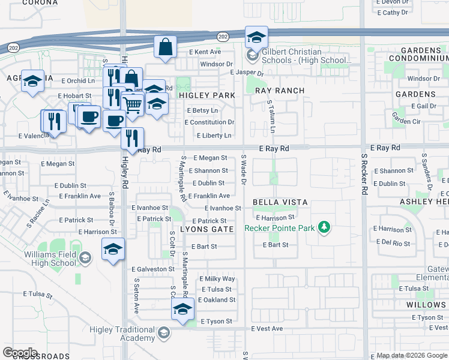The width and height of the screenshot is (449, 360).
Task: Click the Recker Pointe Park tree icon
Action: tap(324, 227)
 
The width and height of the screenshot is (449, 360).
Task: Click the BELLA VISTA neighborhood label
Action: tap(280, 203)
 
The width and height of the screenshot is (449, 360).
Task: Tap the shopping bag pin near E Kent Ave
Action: tap(165, 47)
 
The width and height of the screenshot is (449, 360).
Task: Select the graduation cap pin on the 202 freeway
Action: tap(256, 37)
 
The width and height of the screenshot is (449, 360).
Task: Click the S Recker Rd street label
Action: tap(364, 174)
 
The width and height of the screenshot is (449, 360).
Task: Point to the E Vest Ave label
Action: tap(266, 329)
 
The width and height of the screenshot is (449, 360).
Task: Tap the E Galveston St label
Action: tap(152, 269)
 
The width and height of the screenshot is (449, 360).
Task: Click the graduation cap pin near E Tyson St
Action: tap(183, 308)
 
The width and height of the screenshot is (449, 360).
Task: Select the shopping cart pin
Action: tap(133, 104)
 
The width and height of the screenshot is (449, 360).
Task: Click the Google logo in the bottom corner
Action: tap(20, 353)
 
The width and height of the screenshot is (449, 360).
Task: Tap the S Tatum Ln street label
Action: tap(272, 117)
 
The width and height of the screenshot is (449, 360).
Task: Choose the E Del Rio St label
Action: tap(393, 244)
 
